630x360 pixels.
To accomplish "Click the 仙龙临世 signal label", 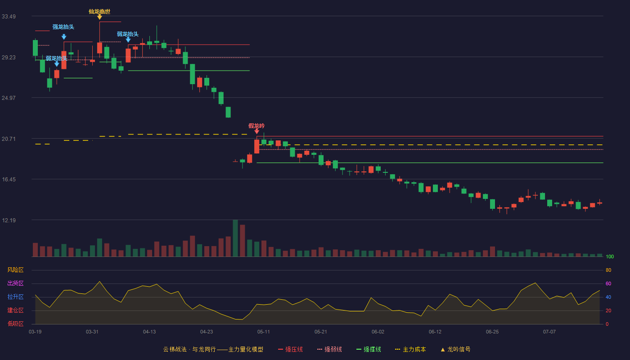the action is pos(99,12).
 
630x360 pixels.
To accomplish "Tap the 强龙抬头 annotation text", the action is pos(63,27).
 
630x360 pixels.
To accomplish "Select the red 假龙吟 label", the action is pos(256,126).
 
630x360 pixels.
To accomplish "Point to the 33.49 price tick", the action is pos(9,17).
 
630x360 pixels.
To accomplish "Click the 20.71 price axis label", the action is pos(9,139).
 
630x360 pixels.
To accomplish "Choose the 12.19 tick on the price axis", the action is pos(9,220).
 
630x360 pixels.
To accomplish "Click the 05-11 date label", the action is pos(264,332).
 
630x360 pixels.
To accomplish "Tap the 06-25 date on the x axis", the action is pos(492,332).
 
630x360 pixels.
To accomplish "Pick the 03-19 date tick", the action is pos(35,332).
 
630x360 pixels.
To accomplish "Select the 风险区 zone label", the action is pos(15,270).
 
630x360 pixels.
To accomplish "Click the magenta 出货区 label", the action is pos(15,283).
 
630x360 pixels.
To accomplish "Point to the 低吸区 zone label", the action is pos(15,324).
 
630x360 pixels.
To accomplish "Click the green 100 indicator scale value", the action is pos(610,256).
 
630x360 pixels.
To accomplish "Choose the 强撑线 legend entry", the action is pos(369,349).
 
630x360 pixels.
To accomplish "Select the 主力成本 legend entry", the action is pos(410,349).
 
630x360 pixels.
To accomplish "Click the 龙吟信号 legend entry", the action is pos(455,349).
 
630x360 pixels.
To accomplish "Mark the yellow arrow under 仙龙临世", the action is pos(99,17).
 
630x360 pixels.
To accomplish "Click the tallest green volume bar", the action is pos(235,238).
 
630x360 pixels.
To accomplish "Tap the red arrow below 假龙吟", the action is pos(257,131).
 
